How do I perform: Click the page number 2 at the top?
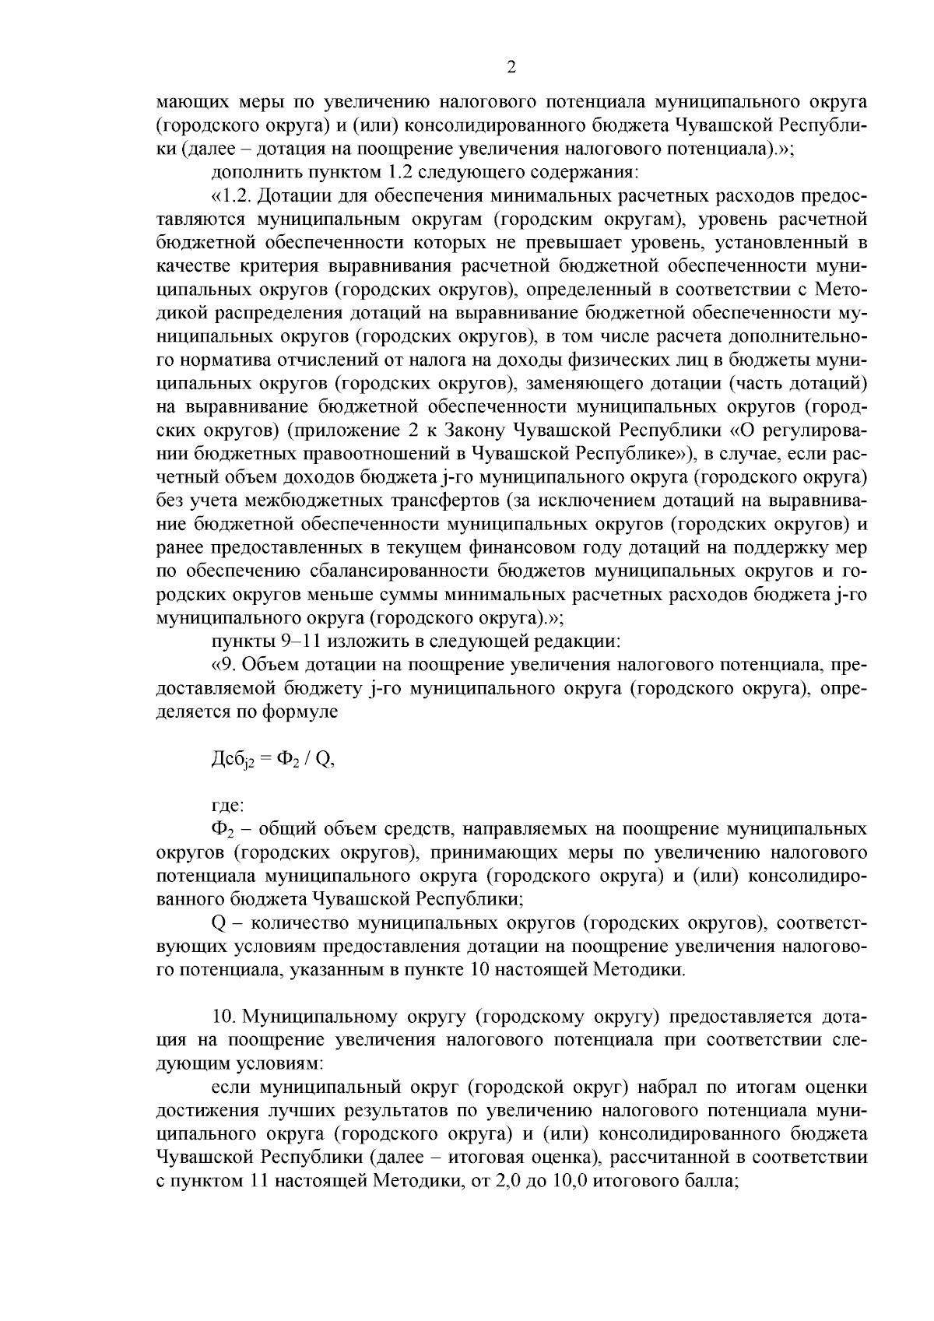(x=511, y=68)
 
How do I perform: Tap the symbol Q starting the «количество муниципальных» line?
(x=218, y=923)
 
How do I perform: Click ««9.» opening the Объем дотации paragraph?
(x=222, y=666)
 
